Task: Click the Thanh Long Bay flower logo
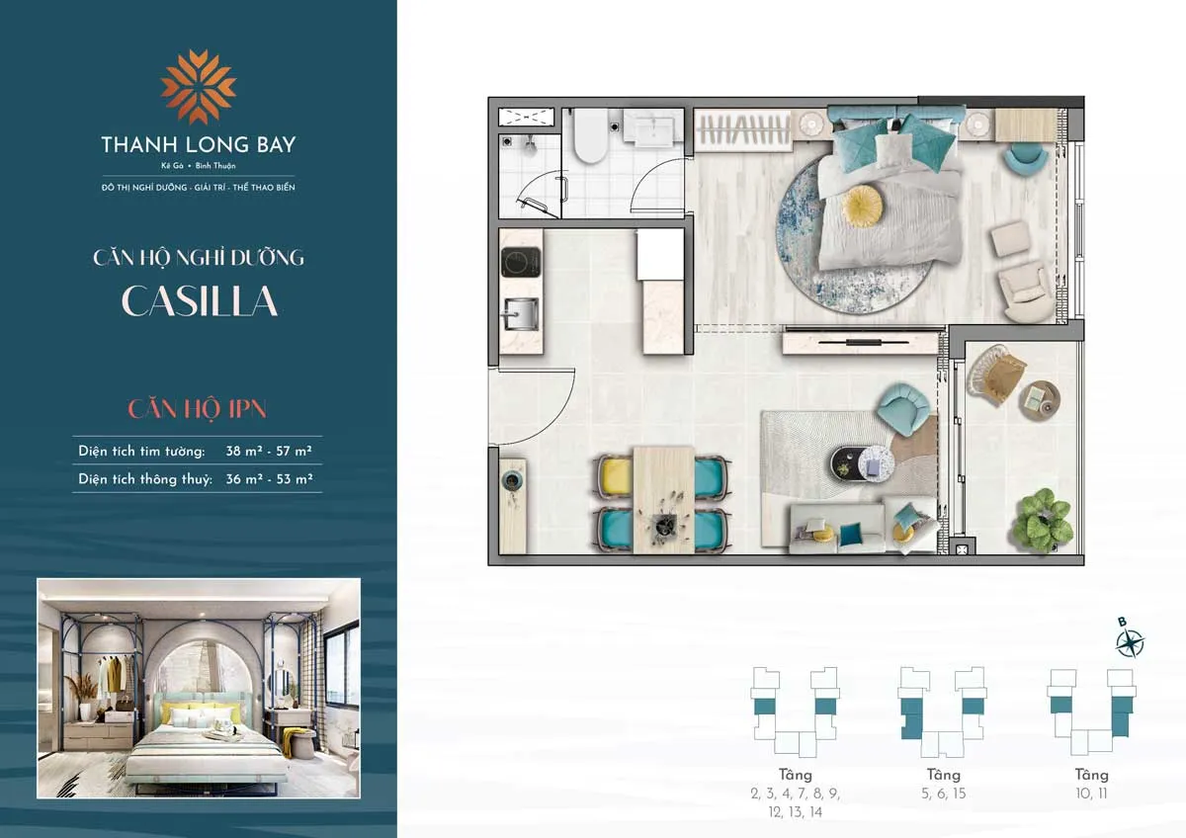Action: click(198, 87)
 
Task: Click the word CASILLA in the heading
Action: click(199, 301)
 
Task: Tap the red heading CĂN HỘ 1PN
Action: click(198, 408)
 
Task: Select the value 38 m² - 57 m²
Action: click(269, 451)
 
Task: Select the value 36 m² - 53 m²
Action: click(269, 480)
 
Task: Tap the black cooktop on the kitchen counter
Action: click(516, 262)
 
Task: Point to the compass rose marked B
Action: click(1129, 642)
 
